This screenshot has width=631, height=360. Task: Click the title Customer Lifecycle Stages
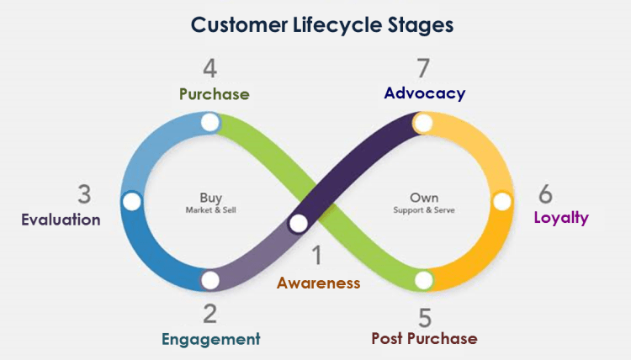(322, 24)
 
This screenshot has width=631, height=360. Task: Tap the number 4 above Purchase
(210, 68)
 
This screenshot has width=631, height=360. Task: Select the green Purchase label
(214, 93)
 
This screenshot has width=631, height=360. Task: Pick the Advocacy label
(424, 93)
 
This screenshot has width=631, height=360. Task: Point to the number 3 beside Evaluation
(84, 194)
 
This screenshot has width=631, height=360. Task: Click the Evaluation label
(61, 220)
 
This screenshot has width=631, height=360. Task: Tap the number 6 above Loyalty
(546, 194)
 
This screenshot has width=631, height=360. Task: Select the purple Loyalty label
(561, 218)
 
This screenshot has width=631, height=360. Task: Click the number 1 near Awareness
(317, 255)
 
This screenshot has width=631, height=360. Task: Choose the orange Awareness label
(318, 283)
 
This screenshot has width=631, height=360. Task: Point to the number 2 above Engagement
(209, 314)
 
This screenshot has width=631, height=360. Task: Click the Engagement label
(210, 339)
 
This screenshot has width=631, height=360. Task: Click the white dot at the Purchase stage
(209, 123)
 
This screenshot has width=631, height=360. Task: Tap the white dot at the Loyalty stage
(501, 202)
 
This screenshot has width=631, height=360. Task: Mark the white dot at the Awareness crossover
(298, 224)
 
